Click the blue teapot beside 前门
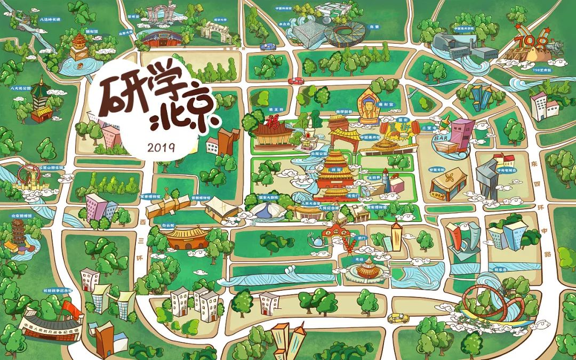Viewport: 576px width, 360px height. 318,241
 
